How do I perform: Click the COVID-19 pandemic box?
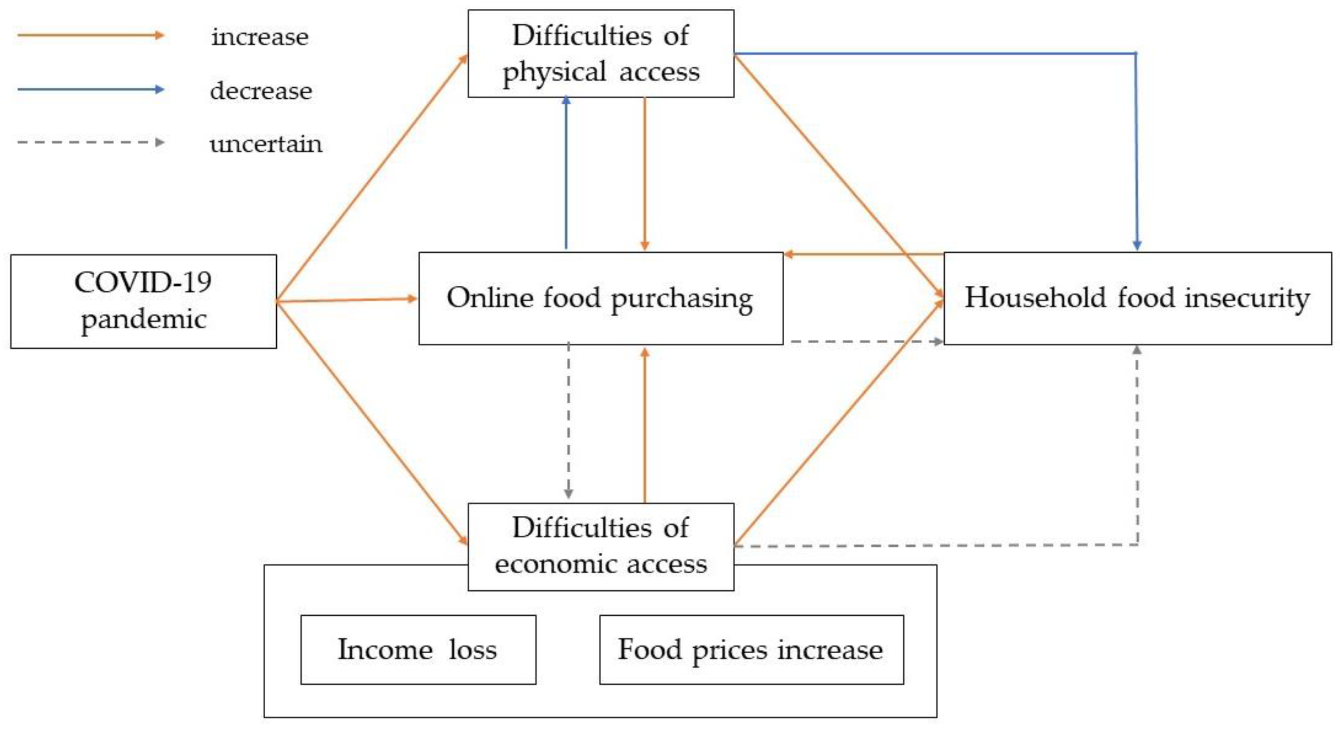click(x=143, y=301)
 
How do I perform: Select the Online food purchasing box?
click(x=600, y=299)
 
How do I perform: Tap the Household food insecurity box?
click(x=1137, y=299)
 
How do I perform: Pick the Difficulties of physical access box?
click(x=600, y=54)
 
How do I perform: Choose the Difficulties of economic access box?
click(x=600, y=546)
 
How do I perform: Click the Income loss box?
click(x=418, y=650)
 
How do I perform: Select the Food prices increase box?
click(x=751, y=650)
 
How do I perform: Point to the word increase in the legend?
click(x=260, y=37)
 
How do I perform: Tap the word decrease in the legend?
click(x=261, y=91)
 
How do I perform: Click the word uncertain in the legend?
click(x=266, y=144)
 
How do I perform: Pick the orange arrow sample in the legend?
click(x=91, y=35)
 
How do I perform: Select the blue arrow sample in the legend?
click(x=91, y=90)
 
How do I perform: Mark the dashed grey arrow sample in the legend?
click(x=91, y=142)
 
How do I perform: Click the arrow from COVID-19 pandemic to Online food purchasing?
click(x=347, y=300)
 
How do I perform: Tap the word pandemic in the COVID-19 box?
click(x=143, y=319)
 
